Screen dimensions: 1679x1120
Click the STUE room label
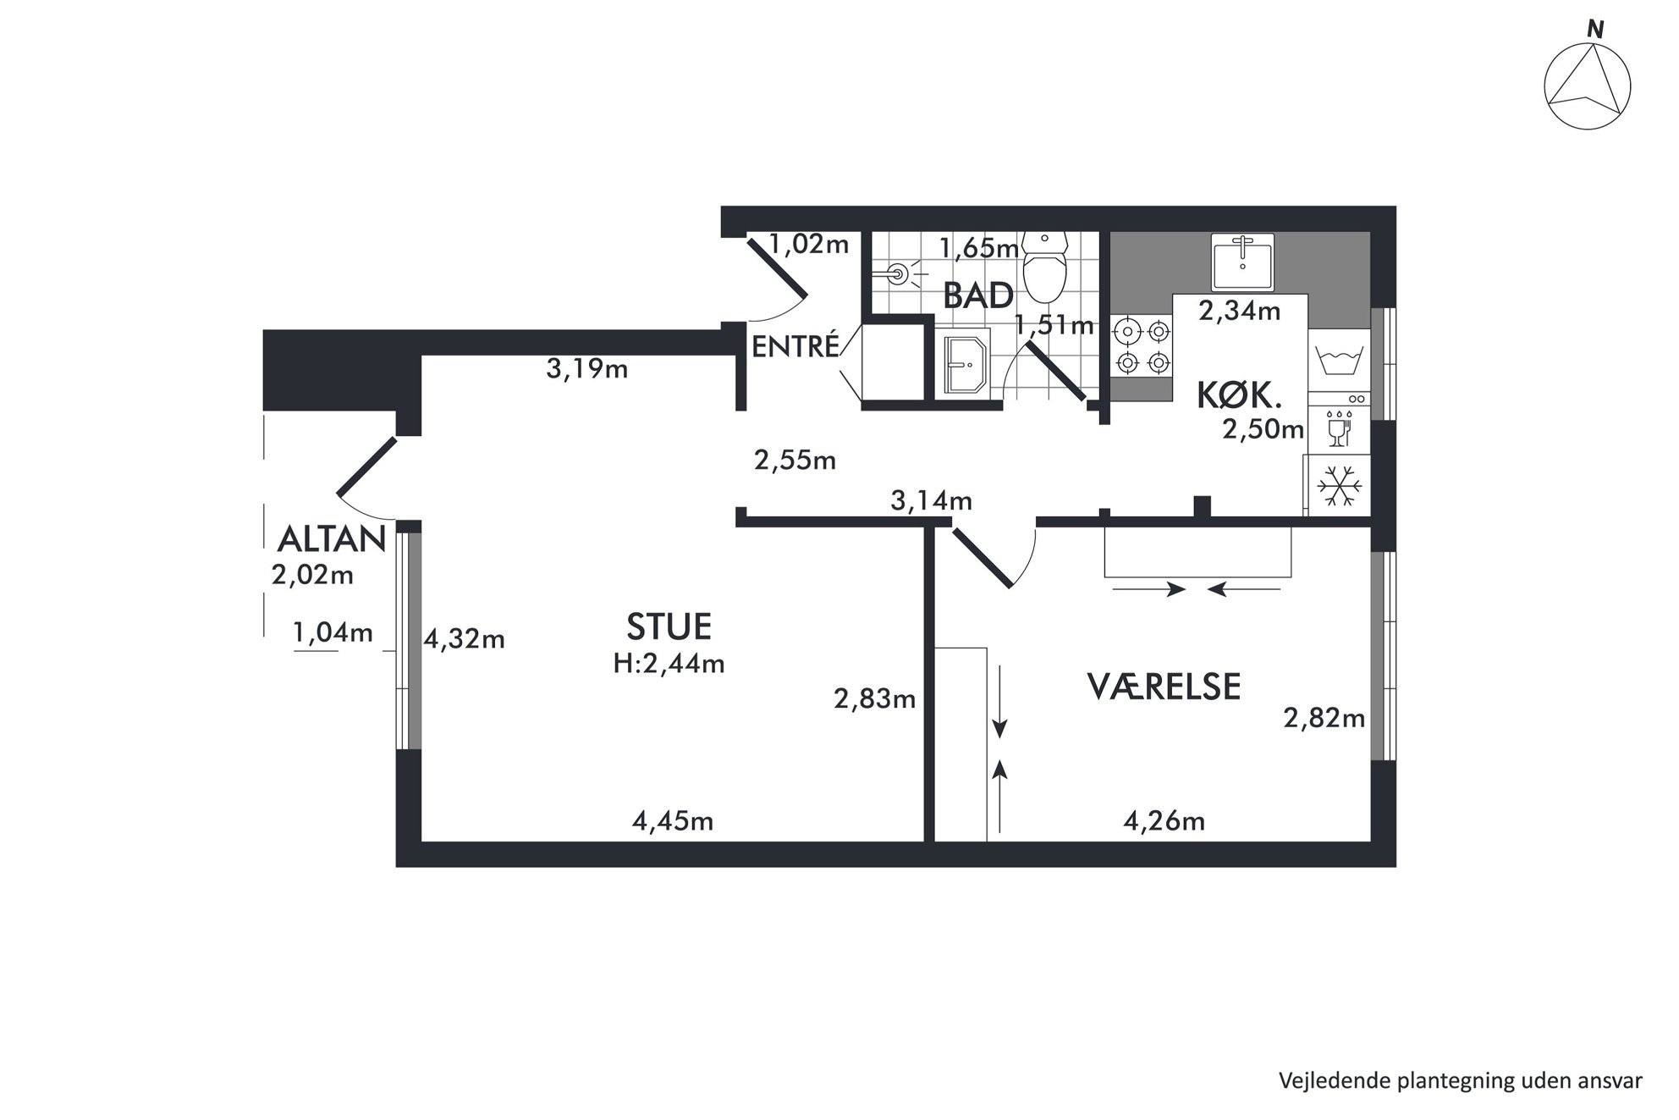pyautogui.click(x=669, y=626)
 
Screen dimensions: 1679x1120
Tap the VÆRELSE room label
pyautogui.click(x=1164, y=687)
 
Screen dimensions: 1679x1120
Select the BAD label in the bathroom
pyautogui.click(x=978, y=296)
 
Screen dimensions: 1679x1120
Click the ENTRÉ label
pyautogui.click(x=795, y=346)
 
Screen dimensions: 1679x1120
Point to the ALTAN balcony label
pyautogui.click(x=332, y=539)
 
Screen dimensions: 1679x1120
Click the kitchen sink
pyautogui.click(x=1242, y=262)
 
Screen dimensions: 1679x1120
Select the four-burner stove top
pyautogui.click(x=1142, y=345)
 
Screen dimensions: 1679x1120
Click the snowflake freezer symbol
pyautogui.click(x=1338, y=487)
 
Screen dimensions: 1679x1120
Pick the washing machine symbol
pyautogui.click(x=1338, y=361)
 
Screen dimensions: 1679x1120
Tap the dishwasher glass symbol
pyautogui.click(x=1337, y=428)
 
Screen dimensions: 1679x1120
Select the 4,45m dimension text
pyautogui.click(x=673, y=820)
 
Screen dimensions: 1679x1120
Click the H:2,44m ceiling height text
pyautogui.click(x=669, y=663)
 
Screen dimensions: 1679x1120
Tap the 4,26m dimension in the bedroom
pyautogui.click(x=1164, y=820)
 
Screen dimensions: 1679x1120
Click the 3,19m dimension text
pyautogui.click(x=586, y=369)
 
